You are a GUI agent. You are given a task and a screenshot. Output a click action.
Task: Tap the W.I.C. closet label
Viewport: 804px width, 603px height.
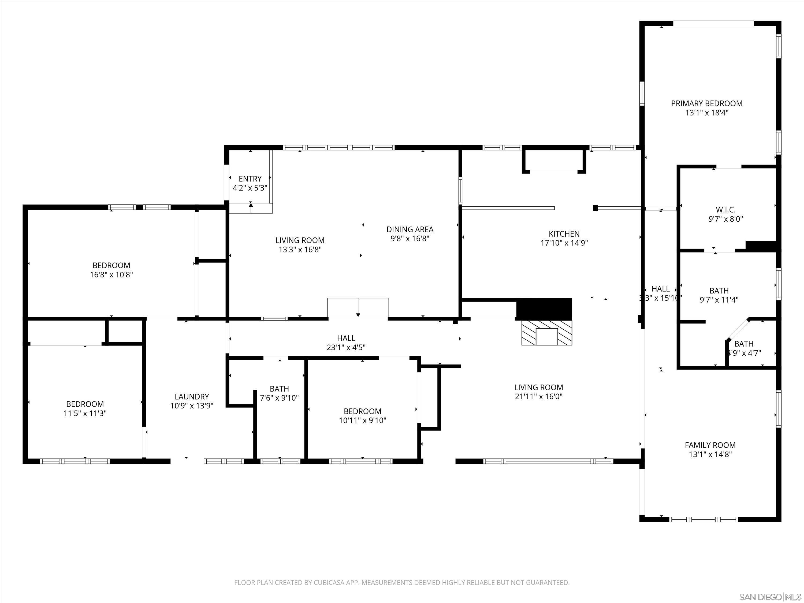pyautogui.click(x=725, y=210)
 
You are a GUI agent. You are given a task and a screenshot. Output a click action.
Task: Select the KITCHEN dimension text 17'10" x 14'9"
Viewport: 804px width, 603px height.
pyautogui.click(x=564, y=243)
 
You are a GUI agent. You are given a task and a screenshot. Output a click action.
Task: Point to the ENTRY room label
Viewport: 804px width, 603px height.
pyautogui.click(x=250, y=179)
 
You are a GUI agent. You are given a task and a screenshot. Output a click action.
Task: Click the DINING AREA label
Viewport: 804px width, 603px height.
pyautogui.click(x=410, y=229)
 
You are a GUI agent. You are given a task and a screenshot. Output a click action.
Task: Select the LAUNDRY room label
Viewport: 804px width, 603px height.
pyautogui.click(x=192, y=397)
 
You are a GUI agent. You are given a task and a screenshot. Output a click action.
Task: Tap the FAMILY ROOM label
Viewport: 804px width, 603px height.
pyautogui.click(x=710, y=445)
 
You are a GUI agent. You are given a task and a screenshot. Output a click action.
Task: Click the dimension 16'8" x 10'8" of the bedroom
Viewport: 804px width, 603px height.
pyautogui.click(x=111, y=275)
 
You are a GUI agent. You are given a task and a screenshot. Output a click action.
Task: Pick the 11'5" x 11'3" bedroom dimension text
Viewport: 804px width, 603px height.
pyautogui.click(x=85, y=413)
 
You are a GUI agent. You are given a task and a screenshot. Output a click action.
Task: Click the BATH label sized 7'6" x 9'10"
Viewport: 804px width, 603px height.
pyautogui.click(x=279, y=389)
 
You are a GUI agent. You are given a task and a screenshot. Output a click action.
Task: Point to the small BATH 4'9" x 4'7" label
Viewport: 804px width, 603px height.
pyautogui.click(x=744, y=344)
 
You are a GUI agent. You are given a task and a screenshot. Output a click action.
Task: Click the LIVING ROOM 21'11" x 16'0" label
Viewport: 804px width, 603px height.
pyautogui.click(x=538, y=388)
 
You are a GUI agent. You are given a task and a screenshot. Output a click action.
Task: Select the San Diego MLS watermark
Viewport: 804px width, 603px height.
pyautogui.click(x=770, y=597)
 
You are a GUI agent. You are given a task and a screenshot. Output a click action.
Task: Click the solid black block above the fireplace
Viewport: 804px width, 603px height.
pyautogui.click(x=544, y=308)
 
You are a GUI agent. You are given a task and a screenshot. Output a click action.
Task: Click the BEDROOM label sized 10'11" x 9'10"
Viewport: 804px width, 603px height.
pyautogui.click(x=362, y=411)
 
